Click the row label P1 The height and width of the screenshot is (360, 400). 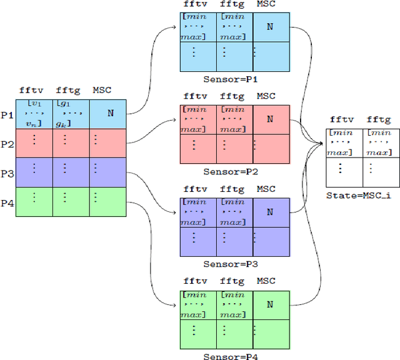coord(7,115)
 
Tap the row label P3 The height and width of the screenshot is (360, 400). coord(7,173)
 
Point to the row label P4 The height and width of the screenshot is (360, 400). coord(7,202)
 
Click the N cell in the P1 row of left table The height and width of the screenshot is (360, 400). coord(110,114)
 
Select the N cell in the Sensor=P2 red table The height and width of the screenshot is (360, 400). coord(270,119)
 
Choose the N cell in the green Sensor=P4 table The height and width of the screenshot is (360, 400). coord(270,304)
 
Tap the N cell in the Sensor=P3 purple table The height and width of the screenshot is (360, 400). coord(270,212)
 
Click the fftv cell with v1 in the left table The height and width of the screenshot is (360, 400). coord(34,114)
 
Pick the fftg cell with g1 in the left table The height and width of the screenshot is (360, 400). coord(71,114)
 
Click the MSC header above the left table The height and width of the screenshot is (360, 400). coord(101,90)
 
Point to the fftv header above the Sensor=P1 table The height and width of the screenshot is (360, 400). coord(195,4)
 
